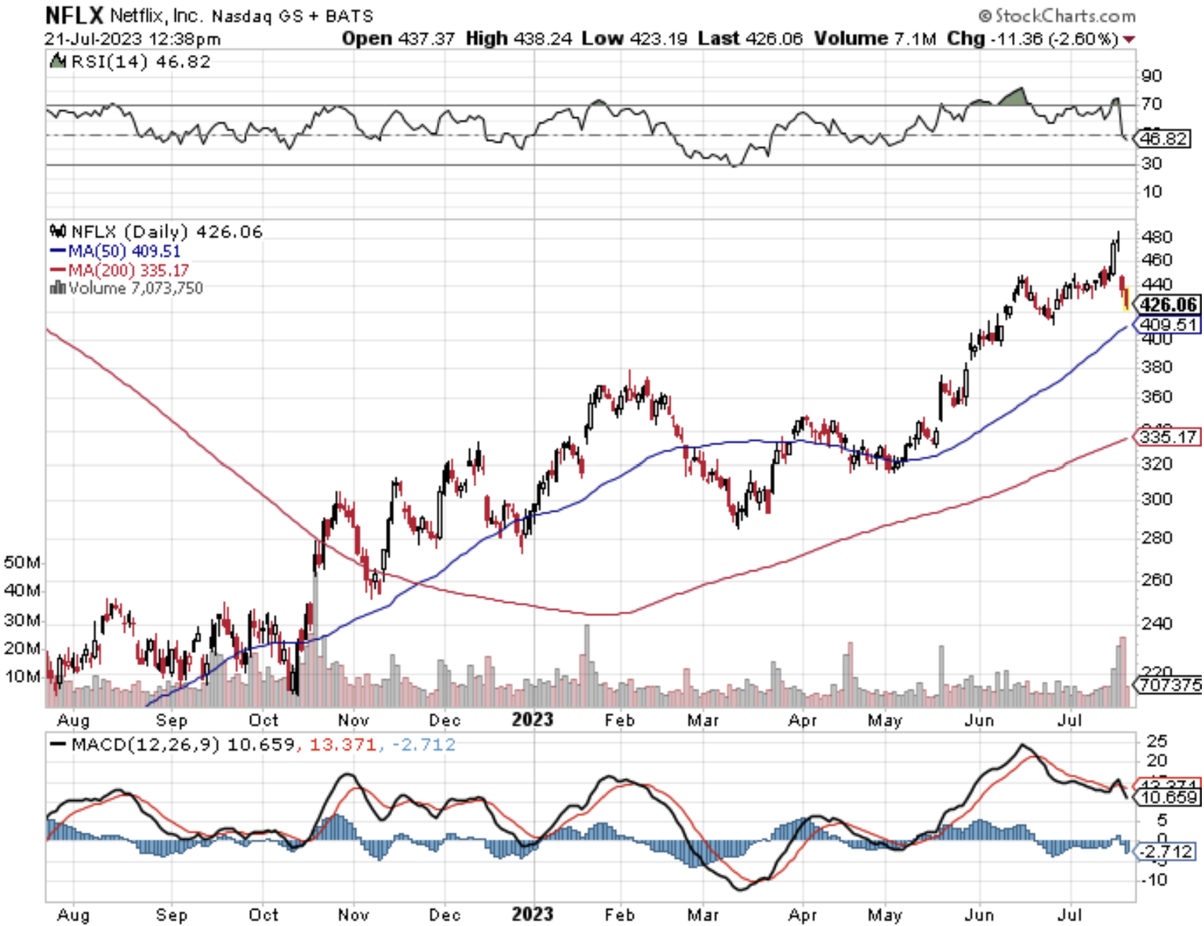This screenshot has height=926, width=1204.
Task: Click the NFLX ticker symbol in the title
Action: coord(73,15)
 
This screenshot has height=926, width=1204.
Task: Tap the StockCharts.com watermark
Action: coord(1057,15)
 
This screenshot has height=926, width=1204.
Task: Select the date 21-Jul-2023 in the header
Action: coord(93,39)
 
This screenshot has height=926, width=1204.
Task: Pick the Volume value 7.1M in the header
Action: coord(915,39)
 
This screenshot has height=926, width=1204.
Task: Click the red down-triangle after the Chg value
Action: coord(1129,39)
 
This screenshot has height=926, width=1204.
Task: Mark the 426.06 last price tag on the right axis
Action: coord(1168,305)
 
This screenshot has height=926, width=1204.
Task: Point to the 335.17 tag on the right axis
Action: coord(1168,437)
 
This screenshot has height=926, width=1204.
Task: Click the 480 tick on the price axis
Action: coord(1156,237)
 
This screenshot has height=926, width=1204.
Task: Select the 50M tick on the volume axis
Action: coord(22,562)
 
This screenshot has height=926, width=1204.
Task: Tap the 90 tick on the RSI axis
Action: coord(1152,76)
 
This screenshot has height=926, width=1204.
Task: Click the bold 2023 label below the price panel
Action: coord(533,720)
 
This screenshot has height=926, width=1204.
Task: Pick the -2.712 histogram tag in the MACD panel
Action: coord(1168,851)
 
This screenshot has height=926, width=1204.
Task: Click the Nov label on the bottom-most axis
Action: coord(353,914)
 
